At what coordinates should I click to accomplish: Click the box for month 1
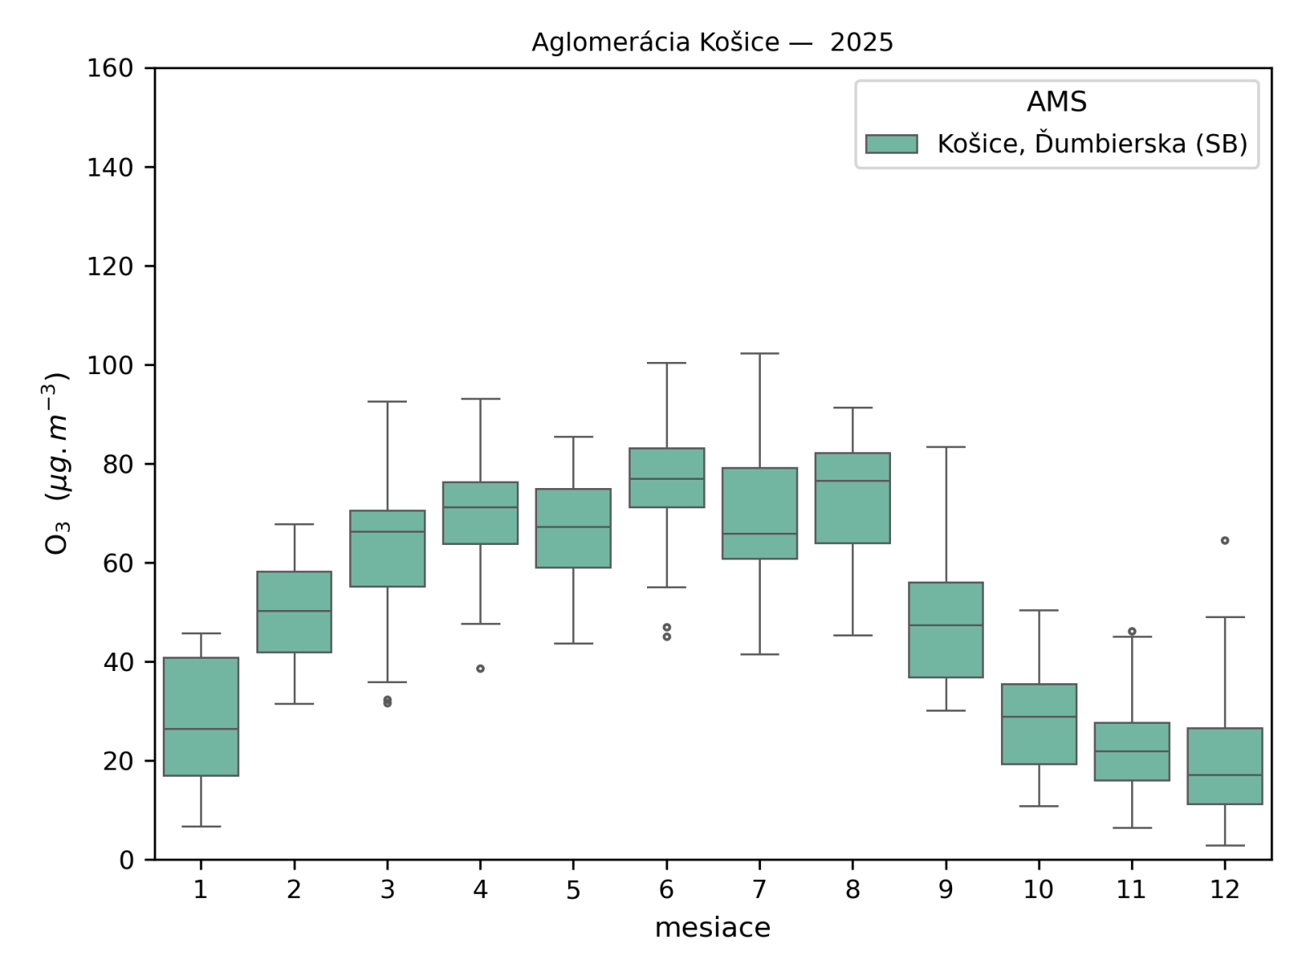point(201,716)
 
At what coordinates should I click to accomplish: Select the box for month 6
point(666,477)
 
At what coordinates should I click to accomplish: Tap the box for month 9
point(946,630)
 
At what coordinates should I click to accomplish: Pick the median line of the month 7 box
point(760,534)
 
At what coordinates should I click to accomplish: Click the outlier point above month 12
point(1225,540)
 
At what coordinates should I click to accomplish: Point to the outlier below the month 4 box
point(480,669)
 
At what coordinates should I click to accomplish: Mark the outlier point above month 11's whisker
point(1132,631)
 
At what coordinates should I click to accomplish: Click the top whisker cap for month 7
point(760,354)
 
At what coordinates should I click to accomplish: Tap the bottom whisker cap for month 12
point(1225,845)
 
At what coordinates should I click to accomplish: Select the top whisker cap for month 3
point(387,401)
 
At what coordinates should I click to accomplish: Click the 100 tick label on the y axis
point(110,365)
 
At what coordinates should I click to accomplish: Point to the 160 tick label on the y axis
point(110,68)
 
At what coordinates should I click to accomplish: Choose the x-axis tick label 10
point(1038,890)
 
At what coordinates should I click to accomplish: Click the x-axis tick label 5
point(573,890)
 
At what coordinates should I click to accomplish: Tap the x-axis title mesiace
point(712,927)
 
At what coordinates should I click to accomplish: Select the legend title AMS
point(1056,102)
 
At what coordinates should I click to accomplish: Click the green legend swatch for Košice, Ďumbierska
point(891,144)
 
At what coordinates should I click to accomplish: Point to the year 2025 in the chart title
point(861,42)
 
